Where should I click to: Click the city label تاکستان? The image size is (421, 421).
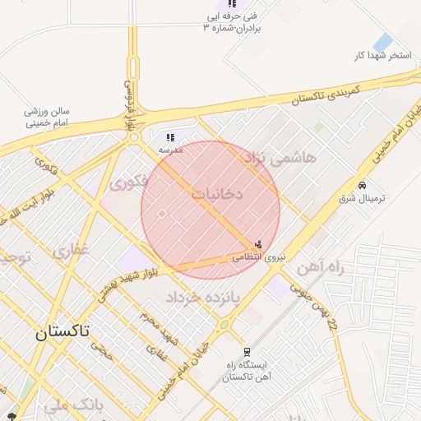click(x=63, y=332)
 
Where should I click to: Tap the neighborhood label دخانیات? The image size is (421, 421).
click(x=217, y=194)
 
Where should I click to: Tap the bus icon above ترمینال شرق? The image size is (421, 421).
click(x=363, y=184)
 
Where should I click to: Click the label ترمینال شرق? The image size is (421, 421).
click(x=363, y=199)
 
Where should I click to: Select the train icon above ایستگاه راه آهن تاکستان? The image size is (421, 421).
click(x=248, y=352)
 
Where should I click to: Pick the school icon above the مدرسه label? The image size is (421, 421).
click(x=170, y=138)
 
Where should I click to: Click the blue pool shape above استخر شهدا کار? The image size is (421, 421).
click(x=382, y=42)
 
